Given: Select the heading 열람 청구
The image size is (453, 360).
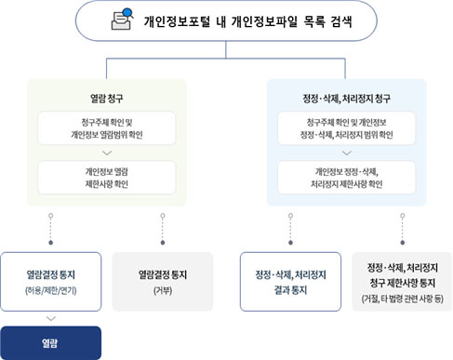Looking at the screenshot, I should (x=106, y=96).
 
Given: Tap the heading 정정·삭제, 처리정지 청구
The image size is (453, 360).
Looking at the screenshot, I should (x=346, y=96).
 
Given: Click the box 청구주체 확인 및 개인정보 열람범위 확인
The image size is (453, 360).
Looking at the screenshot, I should (x=106, y=128).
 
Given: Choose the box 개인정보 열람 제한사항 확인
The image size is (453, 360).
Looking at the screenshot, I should (x=106, y=178).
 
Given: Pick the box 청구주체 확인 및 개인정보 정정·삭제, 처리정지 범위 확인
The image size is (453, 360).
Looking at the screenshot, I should (x=346, y=128).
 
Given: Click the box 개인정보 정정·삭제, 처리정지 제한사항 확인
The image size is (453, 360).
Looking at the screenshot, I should (x=346, y=178).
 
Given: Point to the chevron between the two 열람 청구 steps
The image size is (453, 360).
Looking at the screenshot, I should (x=106, y=153).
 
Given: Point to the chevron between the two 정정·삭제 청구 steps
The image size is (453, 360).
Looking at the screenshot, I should (x=346, y=153).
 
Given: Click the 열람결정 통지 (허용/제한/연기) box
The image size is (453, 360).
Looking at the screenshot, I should (x=51, y=281).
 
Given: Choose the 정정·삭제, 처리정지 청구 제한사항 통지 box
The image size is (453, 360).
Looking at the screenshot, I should (x=402, y=281).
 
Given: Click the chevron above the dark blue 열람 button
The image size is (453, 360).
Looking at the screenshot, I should (x=51, y=318).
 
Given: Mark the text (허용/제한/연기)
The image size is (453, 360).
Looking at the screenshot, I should (x=51, y=291).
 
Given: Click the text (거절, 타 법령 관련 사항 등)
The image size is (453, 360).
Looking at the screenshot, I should (x=402, y=299).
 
